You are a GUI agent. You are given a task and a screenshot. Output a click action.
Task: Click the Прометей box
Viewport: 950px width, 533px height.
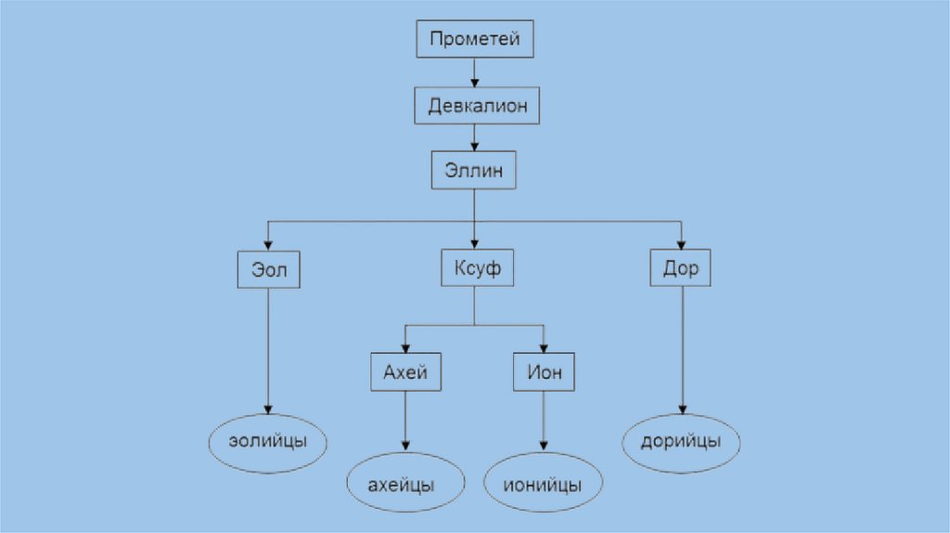coord(474,40)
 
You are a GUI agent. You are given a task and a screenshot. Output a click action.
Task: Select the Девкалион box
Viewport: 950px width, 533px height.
coord(477,106)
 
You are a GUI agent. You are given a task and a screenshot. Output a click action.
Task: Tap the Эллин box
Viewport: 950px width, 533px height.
coord(473,171)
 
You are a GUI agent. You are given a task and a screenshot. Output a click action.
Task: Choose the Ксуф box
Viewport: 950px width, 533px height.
coord(476,269)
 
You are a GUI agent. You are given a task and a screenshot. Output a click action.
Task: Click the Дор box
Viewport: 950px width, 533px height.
coord(682,269)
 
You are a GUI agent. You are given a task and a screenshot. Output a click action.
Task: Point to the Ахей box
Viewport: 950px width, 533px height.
coord(405,372)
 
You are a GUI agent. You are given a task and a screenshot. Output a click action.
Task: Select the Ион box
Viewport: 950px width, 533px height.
coord(544,372)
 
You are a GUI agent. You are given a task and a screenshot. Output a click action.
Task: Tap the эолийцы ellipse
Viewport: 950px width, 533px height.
coord(268,444)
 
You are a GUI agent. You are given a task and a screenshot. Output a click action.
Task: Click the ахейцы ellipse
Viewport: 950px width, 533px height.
coord(405,484)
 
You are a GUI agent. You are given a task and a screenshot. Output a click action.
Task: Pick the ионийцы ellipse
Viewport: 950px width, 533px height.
coord(544,484)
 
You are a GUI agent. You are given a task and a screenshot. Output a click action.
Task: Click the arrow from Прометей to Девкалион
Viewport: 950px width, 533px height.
coord(474,72)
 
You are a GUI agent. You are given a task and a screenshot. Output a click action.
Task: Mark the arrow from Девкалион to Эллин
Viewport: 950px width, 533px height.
coord(474,137)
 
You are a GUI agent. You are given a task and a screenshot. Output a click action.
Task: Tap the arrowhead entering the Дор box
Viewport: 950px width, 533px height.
coord(682,245)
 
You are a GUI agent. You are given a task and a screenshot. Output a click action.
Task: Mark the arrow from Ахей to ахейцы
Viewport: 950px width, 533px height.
coord(405,422)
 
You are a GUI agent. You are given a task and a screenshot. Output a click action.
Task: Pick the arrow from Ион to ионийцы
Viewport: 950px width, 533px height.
coord(544,422)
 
